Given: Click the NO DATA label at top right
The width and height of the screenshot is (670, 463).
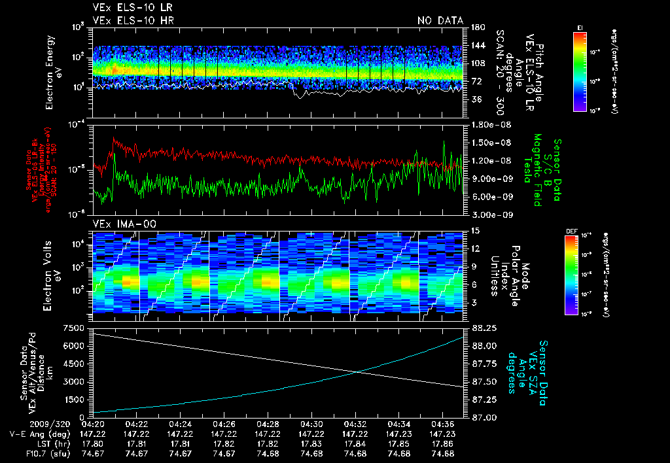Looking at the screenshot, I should [x=440, y=21].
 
